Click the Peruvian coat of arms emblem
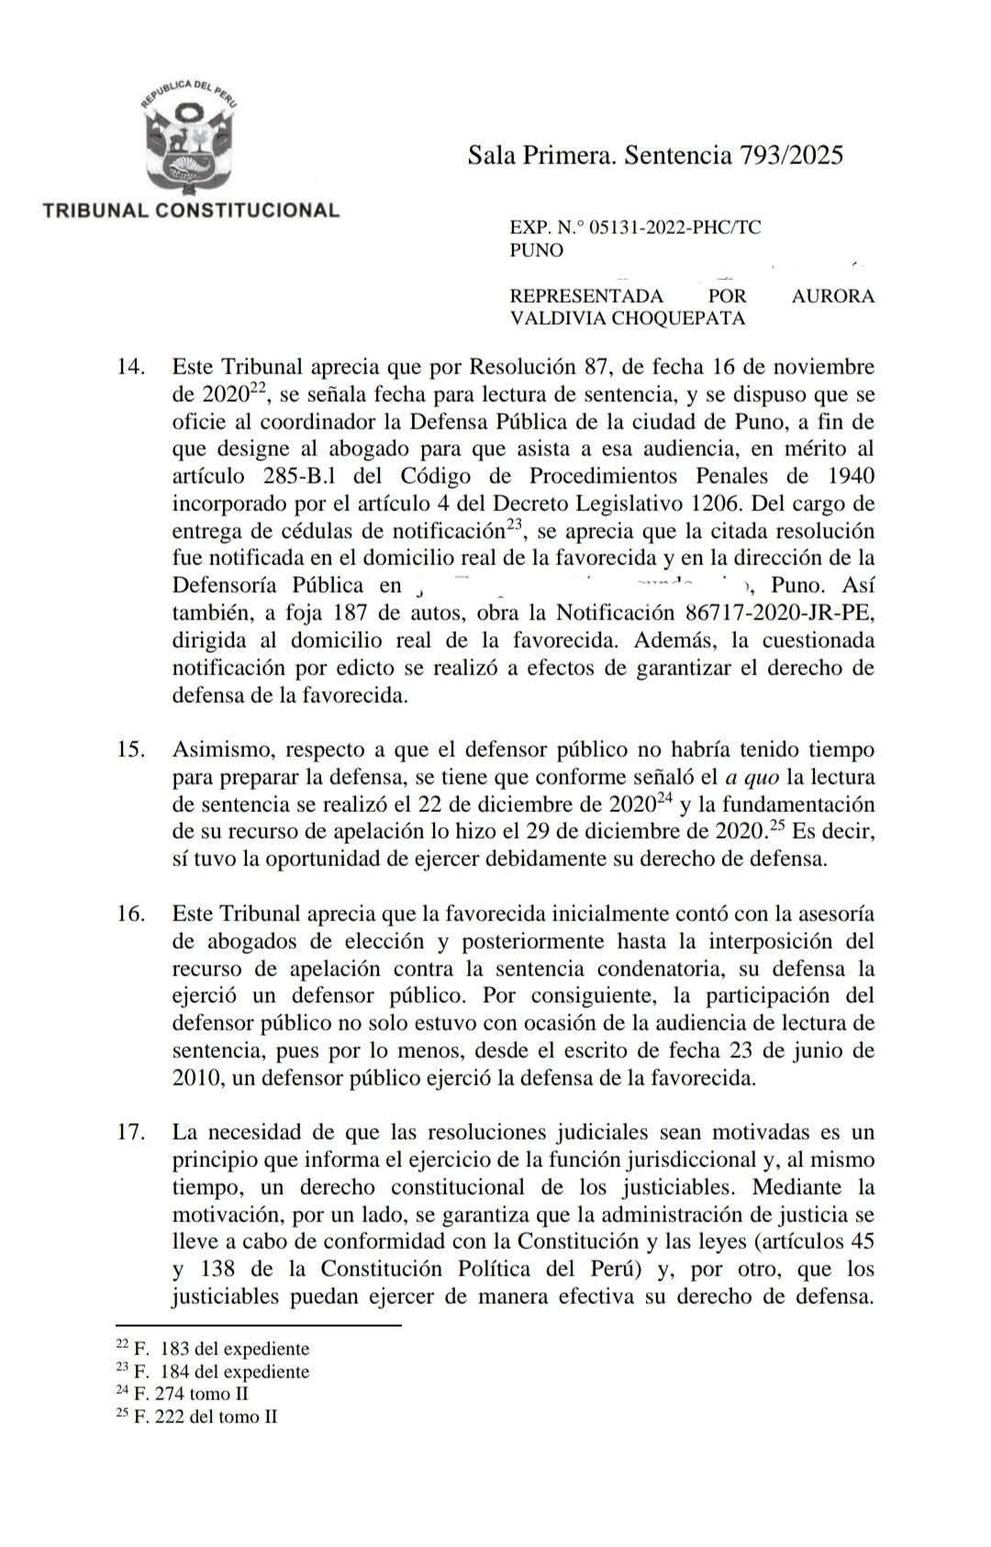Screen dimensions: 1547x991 pos(190,138)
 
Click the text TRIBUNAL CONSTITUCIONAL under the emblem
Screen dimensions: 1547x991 pos(191,210)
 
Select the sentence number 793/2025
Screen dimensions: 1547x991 pos(790,155)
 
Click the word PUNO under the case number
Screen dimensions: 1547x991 pos(537,250)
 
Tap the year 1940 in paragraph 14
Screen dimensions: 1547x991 pos(849,476)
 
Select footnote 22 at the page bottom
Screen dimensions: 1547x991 pos(213,1349)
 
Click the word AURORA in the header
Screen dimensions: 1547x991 pos(832,296)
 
